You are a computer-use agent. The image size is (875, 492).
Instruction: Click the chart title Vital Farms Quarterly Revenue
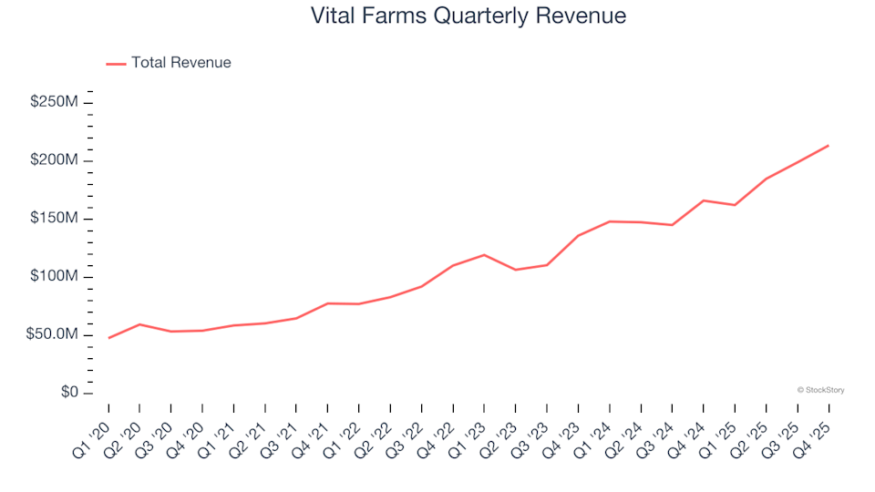[x=468, y=16]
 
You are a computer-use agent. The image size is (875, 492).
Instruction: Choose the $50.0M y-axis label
[x=52, y=335]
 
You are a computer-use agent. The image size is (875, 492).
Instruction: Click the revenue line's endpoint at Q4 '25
[x=828, y=146]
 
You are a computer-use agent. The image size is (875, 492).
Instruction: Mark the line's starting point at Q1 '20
[x=108, y=338]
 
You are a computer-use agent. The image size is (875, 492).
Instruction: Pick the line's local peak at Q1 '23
[x=484, y=255]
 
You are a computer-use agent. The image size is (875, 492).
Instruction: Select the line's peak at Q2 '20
[x=139, y=324]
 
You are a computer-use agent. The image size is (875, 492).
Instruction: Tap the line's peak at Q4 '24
[x=703, y=200]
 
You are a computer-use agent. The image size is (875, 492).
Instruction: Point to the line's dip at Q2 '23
[x=515, y=270]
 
